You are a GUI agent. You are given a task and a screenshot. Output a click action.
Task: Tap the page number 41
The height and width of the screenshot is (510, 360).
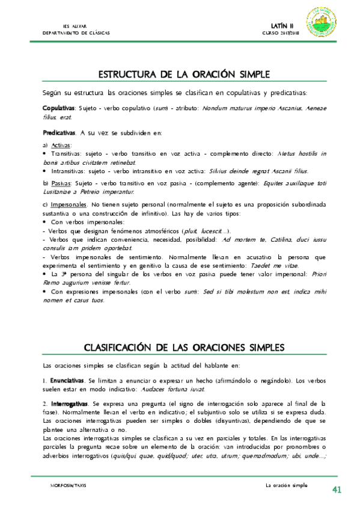click(x=337, y=490)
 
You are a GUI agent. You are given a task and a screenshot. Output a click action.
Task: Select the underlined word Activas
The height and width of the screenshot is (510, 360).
click(x=61, y=146)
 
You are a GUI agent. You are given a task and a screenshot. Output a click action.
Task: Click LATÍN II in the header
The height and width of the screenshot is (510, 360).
click(x=282, y=26)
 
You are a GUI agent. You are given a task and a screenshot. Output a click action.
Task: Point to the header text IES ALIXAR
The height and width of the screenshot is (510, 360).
click(x=75, y=26)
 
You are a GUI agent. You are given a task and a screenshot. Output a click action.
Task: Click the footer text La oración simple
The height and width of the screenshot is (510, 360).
click(x=286, y=485)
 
